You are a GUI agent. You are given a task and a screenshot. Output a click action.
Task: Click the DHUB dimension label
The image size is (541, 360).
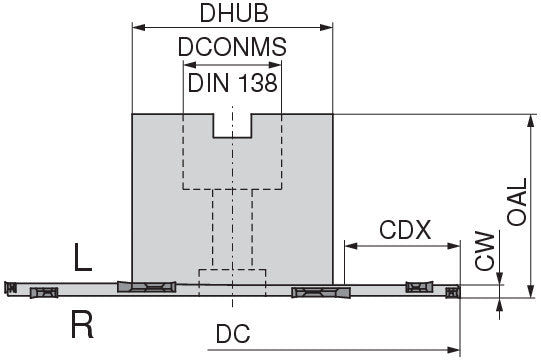click(234, 13)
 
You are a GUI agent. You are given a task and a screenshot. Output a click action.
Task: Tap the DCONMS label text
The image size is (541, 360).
click(232, 47)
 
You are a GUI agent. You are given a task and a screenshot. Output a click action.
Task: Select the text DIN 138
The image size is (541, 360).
click(232, 82)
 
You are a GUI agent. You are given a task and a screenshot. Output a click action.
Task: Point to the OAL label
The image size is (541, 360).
click(517, 202)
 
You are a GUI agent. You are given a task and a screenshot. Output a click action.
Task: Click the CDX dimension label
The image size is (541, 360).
click(405, 230)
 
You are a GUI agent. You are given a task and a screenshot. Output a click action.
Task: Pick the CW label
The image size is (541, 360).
click(485, 251)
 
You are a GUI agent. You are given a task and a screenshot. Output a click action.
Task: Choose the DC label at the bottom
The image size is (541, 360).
click(233, 334)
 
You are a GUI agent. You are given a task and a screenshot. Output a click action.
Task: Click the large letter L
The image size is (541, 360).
click(83, 257)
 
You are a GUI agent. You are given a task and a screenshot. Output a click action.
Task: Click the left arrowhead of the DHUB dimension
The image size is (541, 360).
click(139, 28)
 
